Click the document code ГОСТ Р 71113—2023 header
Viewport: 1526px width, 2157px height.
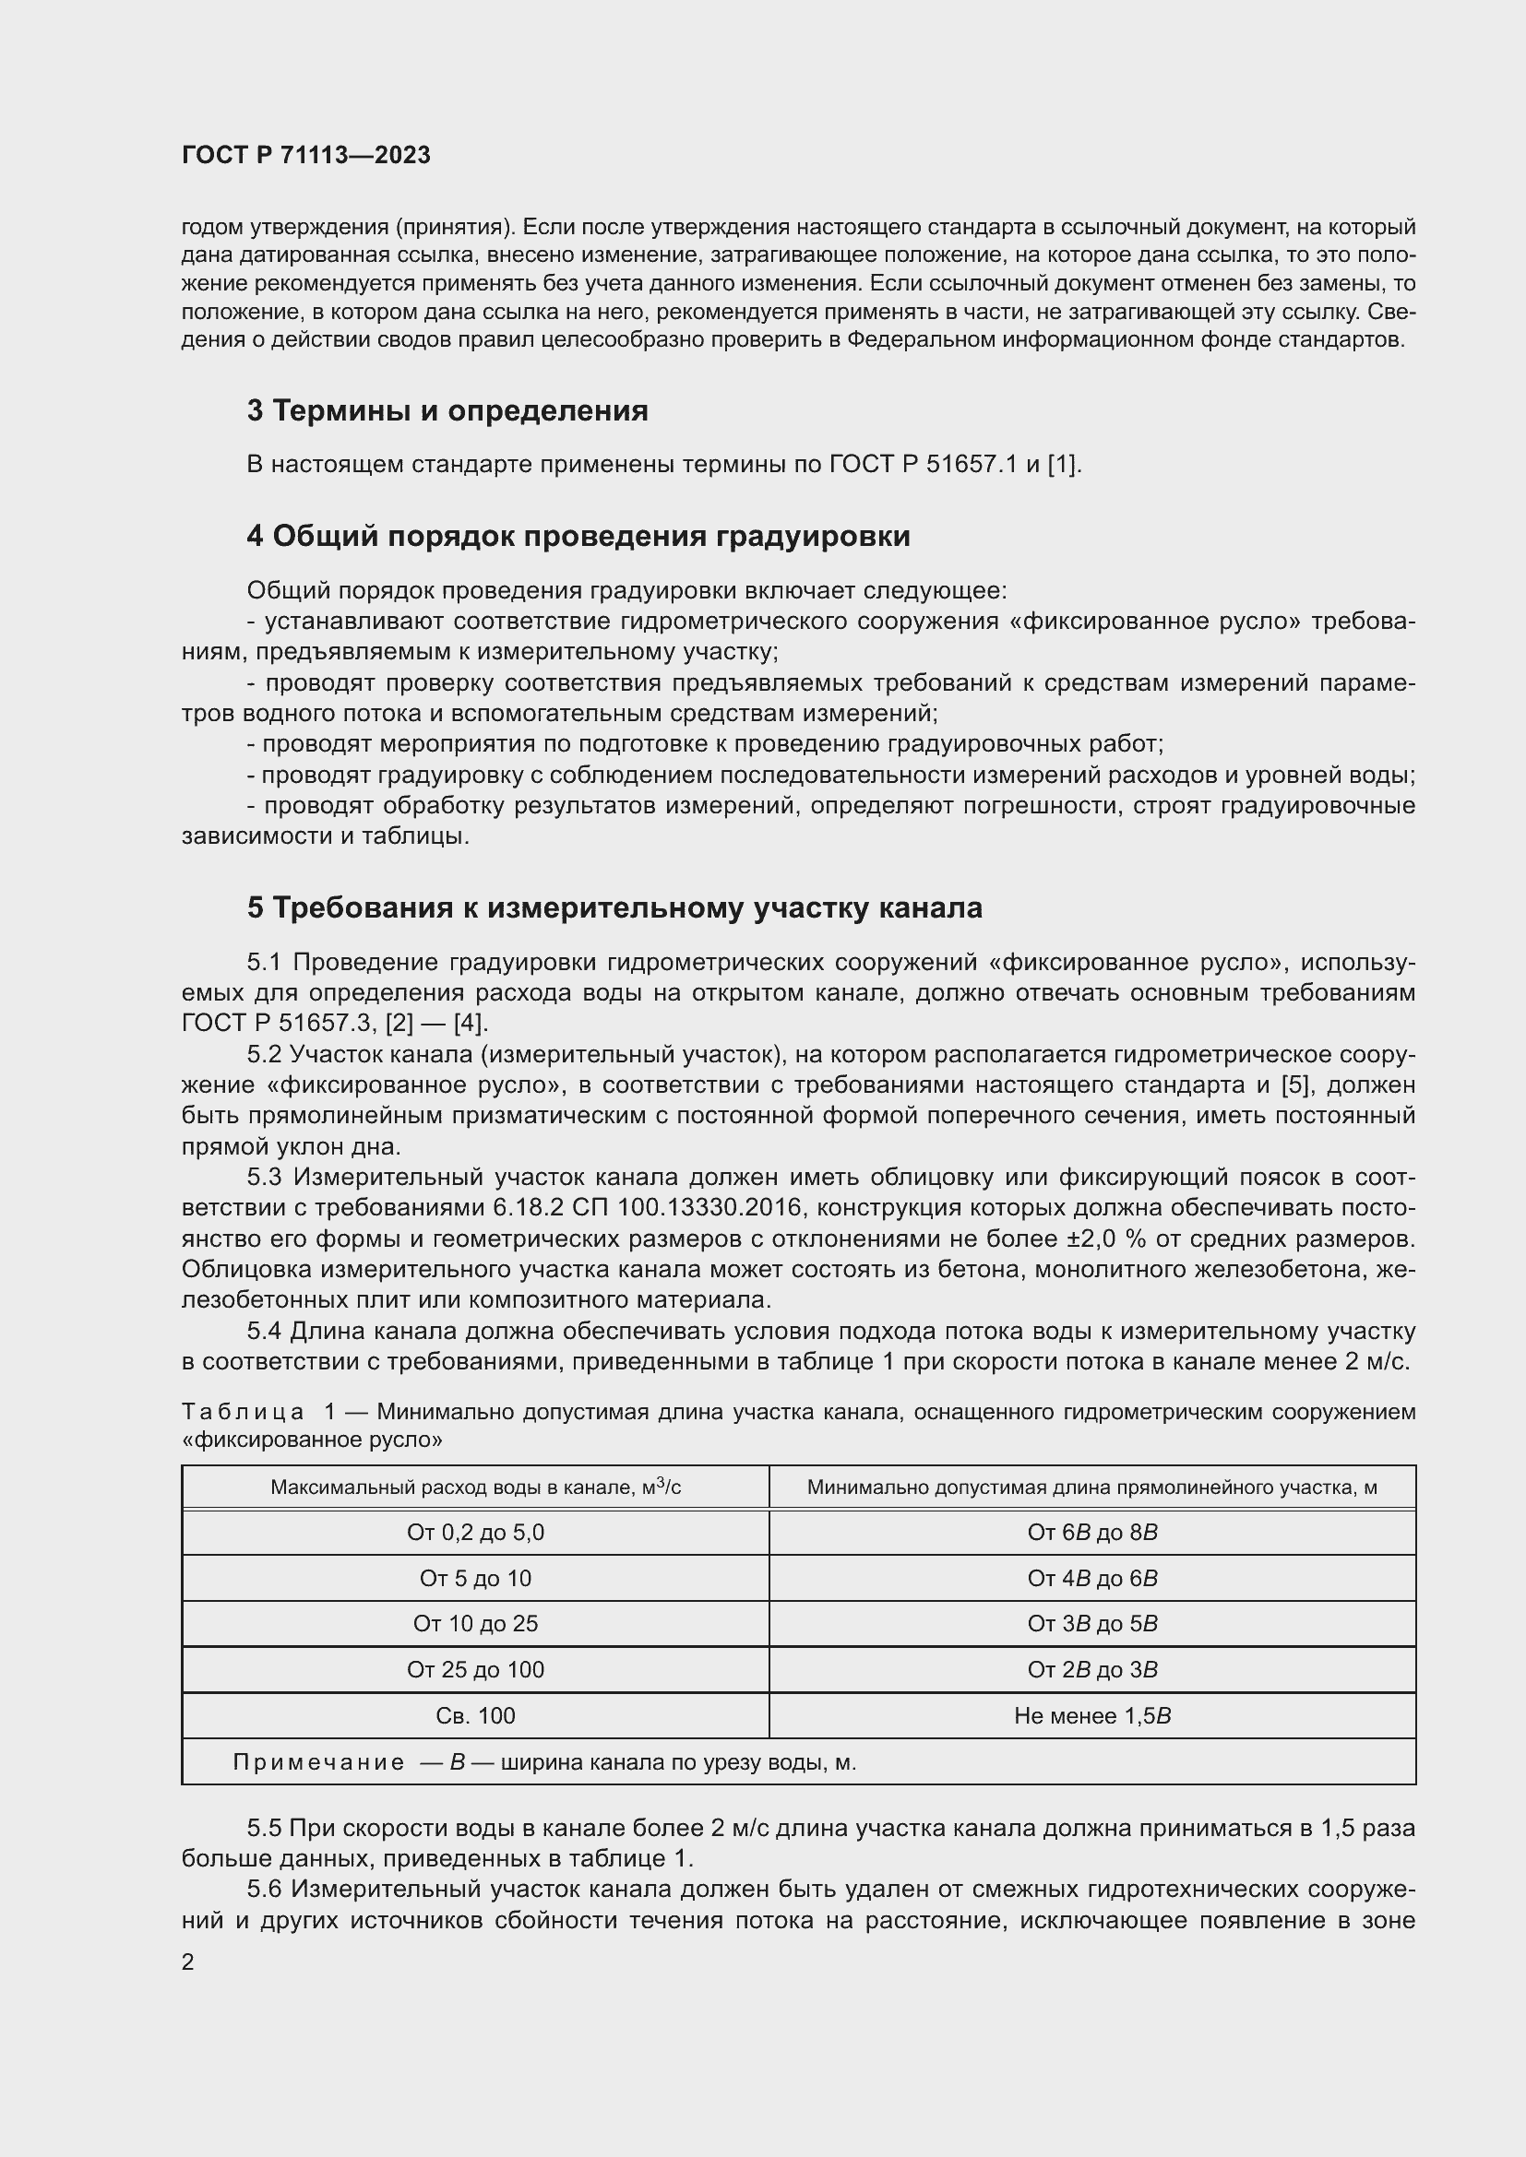pos(305,155)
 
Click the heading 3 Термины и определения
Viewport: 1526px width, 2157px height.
pos(447,410)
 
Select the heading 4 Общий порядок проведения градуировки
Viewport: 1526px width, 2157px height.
pos(578,536)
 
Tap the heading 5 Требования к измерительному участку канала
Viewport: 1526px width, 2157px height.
pos(614,907)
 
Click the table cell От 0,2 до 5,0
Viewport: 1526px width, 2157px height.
pos(474,1533)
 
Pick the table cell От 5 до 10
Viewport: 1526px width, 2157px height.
pos(474,1578)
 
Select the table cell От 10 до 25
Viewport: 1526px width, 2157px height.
pos(474,1623)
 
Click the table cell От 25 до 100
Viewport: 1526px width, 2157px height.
pos(474,1669)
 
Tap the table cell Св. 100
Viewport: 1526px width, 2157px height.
pos(474,1715)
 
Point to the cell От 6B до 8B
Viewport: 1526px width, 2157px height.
pos(1091,1533)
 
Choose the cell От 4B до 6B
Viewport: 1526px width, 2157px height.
pos(1091,1578)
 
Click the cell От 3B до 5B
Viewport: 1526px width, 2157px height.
pos(1091,1623)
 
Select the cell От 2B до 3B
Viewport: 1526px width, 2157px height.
pos(1091,1669)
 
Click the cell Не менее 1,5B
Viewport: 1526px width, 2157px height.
pos(1091,1715)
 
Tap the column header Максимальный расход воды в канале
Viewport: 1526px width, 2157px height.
pos(474,1487)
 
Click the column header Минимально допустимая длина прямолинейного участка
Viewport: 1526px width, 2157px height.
pos(1091,1487)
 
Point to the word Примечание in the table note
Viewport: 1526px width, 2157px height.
pos(318,1762)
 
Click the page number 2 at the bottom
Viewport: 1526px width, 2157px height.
pos(188,1961)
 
